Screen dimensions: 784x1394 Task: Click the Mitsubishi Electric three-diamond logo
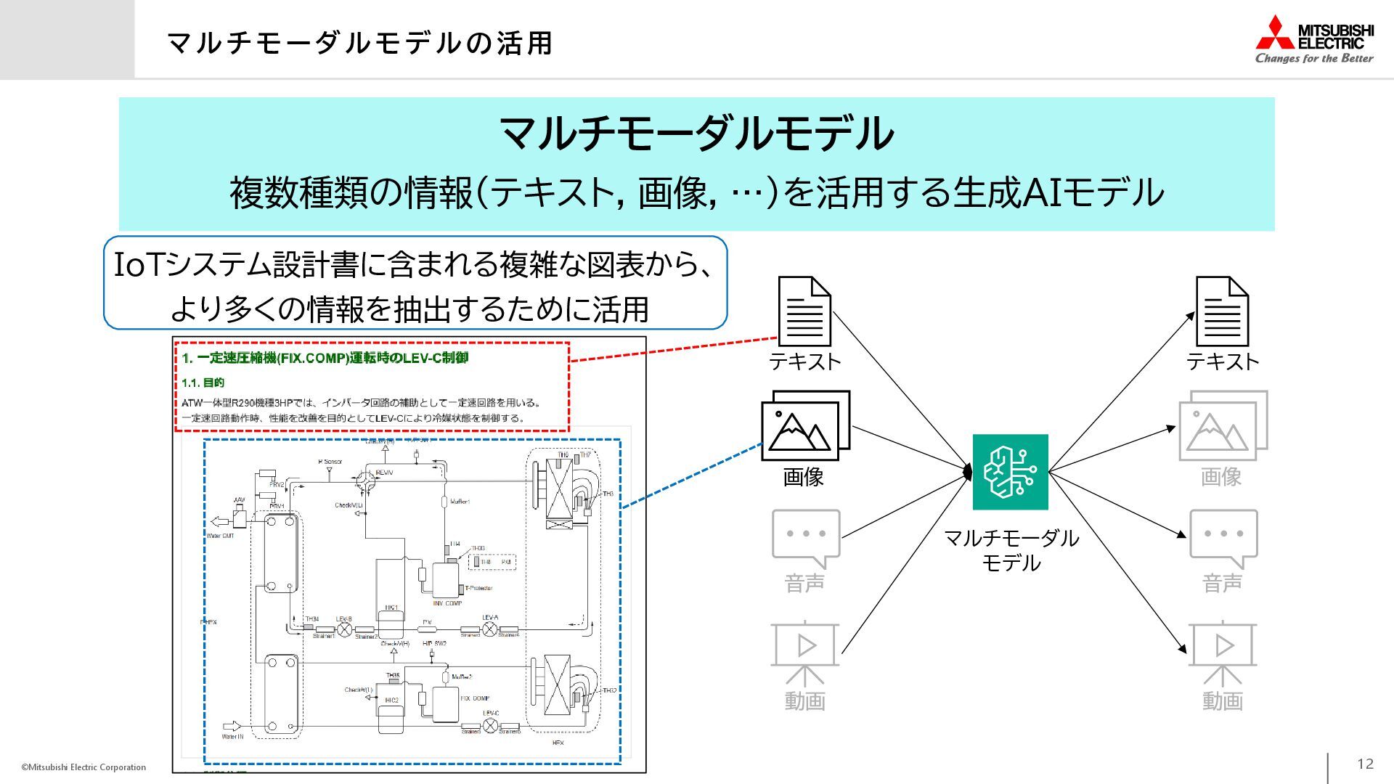(x=1275, y=33)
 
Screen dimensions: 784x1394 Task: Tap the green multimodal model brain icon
(x=1010, y=472)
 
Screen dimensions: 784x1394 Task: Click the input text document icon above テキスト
(x=804, y=311)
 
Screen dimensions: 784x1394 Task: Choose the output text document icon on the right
(x=1222, y=311)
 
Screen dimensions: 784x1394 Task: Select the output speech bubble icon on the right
(x=1223, y=538)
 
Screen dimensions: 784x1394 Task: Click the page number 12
(x=1365, y=764)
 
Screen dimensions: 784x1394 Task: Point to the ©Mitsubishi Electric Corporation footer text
(x=83, y=767)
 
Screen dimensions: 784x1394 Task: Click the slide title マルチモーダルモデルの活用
(x=359, y=43)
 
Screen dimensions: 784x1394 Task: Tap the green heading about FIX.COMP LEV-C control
(x=325, y=358)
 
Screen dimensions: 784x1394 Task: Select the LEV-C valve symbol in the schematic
(x=491, y=724)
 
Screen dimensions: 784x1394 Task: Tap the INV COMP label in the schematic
(x=447, y=603)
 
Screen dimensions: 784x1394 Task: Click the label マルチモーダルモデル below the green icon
(x=1011, y=550)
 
